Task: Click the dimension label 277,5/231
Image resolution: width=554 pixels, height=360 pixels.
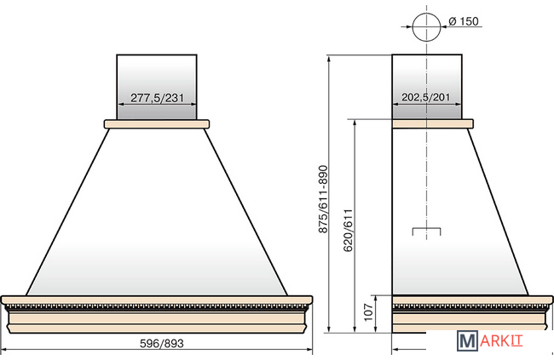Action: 157,97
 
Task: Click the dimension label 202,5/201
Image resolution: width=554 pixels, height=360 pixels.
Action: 426,97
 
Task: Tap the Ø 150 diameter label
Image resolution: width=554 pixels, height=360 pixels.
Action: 464,21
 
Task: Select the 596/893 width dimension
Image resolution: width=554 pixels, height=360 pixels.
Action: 162,343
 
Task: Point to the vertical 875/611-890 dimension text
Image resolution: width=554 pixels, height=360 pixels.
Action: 323,199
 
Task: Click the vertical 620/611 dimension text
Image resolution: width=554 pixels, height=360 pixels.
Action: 348,230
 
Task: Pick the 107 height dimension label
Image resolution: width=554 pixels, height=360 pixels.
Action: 368,312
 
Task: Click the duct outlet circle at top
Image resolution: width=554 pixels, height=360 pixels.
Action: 426,13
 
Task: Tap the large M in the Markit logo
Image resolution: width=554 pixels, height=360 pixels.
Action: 467,341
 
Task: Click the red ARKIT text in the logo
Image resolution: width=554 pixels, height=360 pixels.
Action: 501,341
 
